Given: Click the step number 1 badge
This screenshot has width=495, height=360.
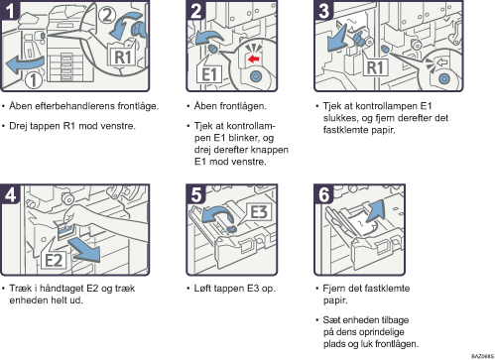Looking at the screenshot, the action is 10,10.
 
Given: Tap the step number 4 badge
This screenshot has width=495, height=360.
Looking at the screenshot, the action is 10,194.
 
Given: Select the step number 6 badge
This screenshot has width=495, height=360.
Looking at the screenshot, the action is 323,194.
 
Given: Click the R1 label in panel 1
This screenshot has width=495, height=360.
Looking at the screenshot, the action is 123,57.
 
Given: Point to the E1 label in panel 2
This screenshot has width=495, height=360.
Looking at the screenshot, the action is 209,74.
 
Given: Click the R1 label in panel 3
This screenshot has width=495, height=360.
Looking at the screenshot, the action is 375,67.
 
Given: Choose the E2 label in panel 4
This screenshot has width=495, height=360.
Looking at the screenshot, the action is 54,260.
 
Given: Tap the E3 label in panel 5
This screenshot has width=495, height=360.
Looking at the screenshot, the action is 259,211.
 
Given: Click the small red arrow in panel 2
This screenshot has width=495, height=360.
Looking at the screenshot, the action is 254,60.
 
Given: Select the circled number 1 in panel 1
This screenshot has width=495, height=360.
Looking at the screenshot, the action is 34,79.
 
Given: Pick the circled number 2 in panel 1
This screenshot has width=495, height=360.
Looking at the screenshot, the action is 107,15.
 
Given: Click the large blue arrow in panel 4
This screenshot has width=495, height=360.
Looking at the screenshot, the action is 85,251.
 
